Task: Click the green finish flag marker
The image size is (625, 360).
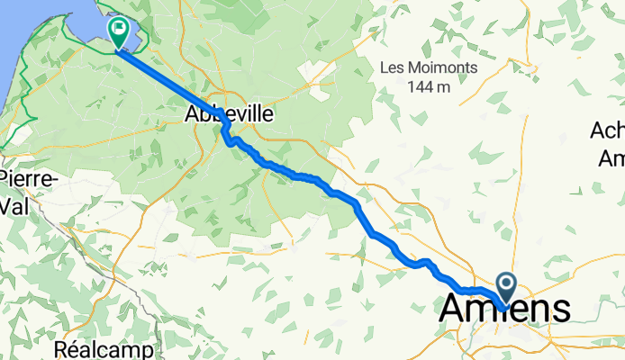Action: pyautogui.click(x=118, y=31)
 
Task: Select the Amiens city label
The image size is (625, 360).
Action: pyautogui.click(x=504, y=309)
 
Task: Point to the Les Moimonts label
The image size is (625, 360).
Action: pyautogui.click(x=428, y=68)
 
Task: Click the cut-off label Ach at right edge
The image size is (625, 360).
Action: pyautogui.click(x=608, y=131)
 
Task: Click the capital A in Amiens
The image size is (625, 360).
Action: pyautogui.click(x=452, y=309)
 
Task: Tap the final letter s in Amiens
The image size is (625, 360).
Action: pyautogui.click(x=560, y=309)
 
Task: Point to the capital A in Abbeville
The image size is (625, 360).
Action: pyautogui.click(x=191, y=114)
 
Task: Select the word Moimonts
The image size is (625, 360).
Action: pyautogui.click(x=442, y=68)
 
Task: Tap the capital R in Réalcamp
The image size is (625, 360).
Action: pyautogui.click(x=60, y=347)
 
